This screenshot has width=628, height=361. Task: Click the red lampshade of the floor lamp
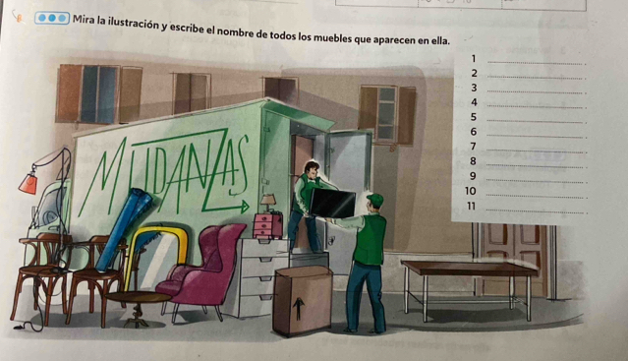(29, 184)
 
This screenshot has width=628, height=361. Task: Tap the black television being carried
(332, 204)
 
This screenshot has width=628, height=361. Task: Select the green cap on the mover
(375, 199)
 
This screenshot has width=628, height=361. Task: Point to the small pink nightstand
(267, 226)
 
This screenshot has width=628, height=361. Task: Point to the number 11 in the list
(472, 206)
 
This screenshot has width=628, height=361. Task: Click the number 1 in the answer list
(474, 59)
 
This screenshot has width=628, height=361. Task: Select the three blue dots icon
(52, 19)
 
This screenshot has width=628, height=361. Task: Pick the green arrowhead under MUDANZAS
(244, 208)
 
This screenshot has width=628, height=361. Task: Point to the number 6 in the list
(474, 132)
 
